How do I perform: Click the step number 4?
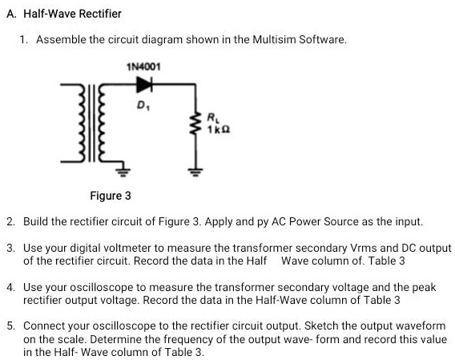click(x=10, y=286)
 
